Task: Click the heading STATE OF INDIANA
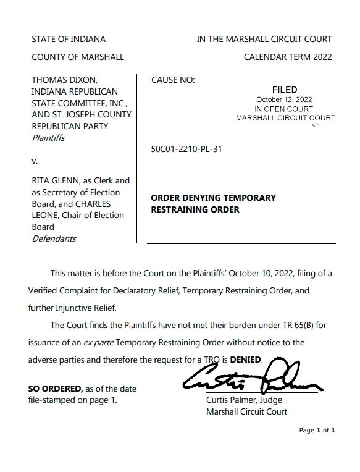click(69, 39)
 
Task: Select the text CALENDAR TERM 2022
click(288, 57)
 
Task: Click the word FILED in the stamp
click(285, 90)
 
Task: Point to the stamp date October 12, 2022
click(285, 99)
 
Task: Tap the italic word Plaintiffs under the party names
click(48, 138)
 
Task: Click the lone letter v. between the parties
click(34, 161)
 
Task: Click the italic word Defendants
click(54, 238)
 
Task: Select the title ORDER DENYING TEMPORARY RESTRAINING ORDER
click(213, 204)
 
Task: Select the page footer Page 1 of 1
click(317, 430)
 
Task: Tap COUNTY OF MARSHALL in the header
click(78, 57)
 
